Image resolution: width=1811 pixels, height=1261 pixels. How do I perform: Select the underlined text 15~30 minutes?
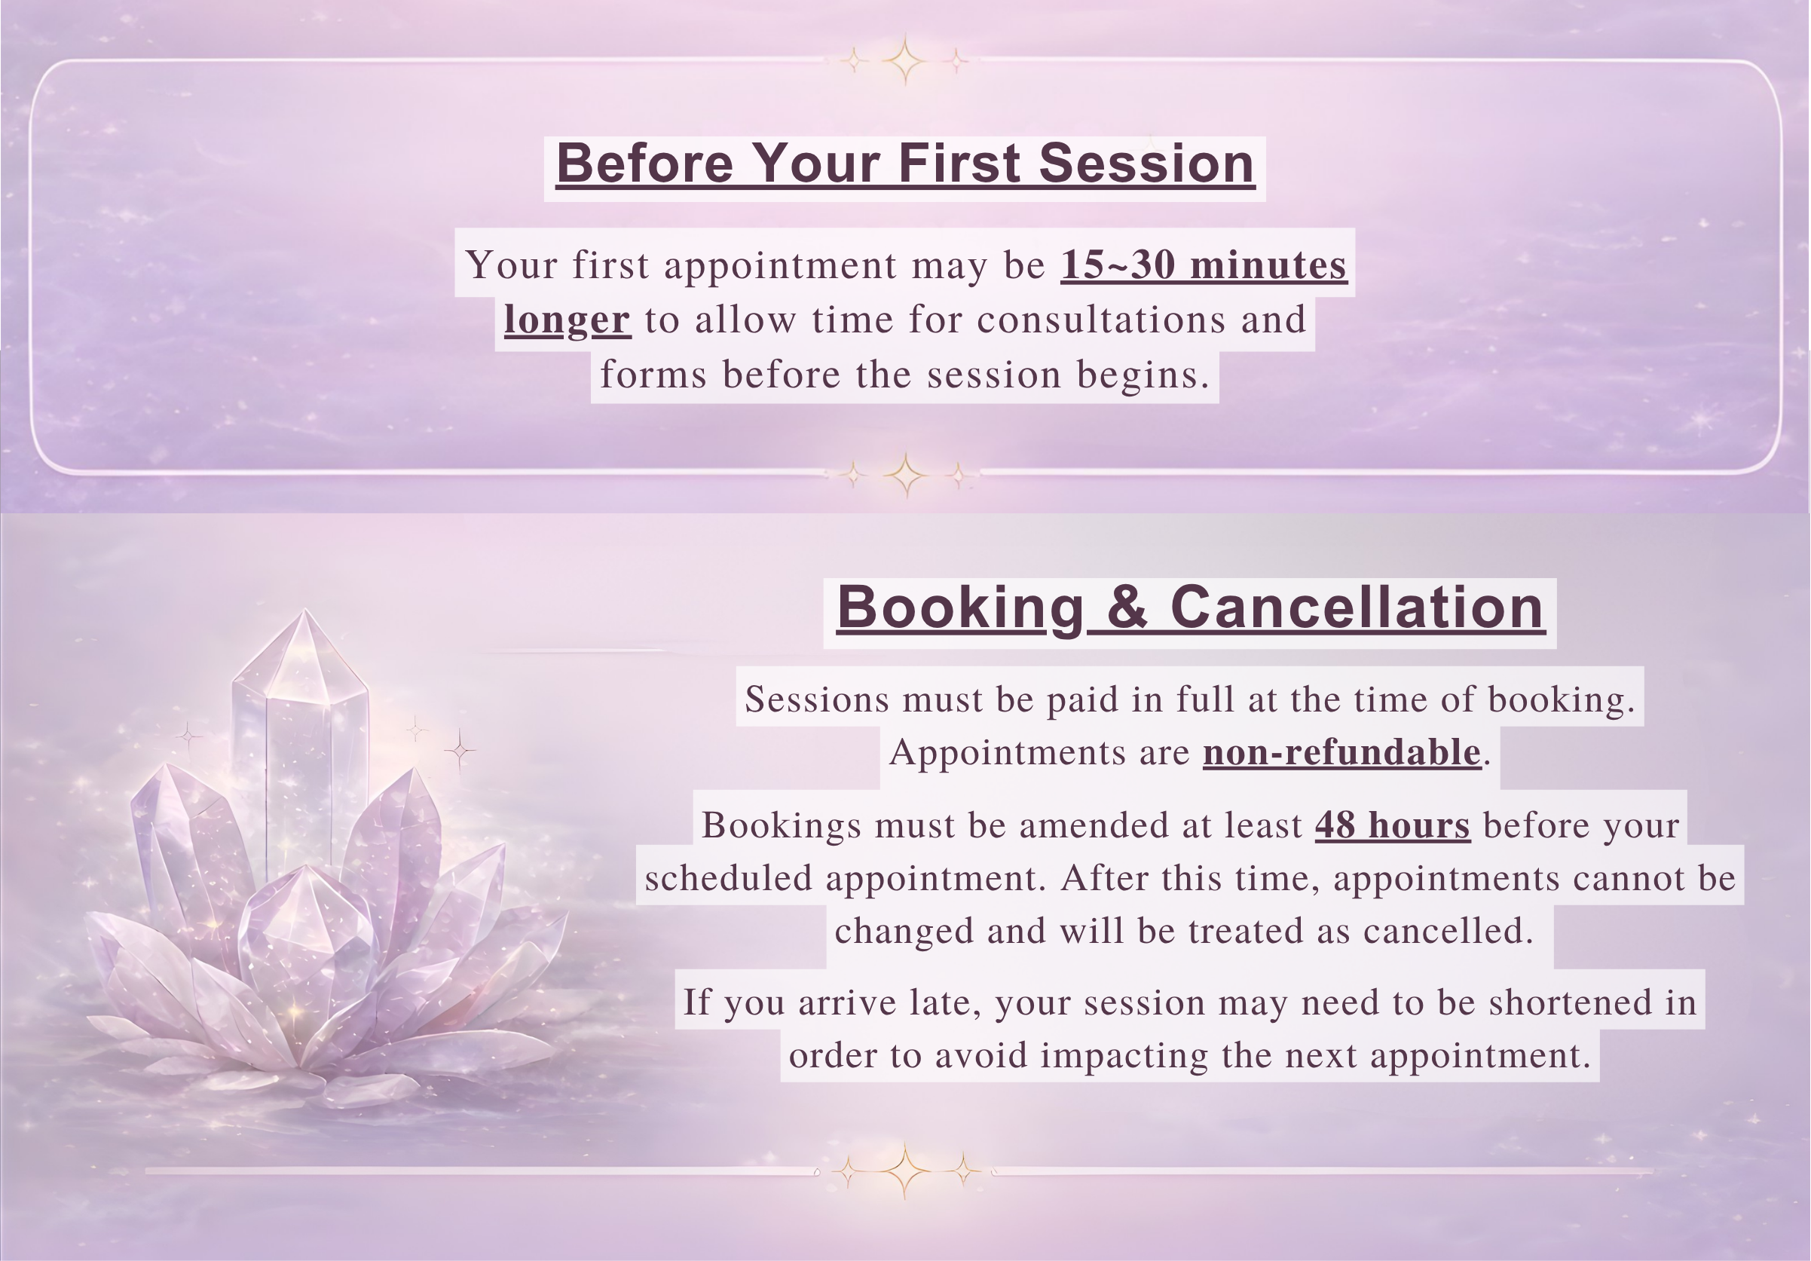point(1204,265)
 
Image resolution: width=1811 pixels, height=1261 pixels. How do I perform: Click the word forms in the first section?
point(653,374)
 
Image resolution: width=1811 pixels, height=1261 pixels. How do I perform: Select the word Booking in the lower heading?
point(961,608)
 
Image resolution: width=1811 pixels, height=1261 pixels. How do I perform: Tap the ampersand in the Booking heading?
point(1128,608)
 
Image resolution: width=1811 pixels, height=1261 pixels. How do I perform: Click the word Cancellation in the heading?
point(1357,608)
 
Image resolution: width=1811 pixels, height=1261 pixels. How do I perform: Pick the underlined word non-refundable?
point(1341,752)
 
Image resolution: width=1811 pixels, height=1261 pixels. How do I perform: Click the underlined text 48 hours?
point(1392,825)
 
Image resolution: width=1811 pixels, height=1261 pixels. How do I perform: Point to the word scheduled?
point(728,879)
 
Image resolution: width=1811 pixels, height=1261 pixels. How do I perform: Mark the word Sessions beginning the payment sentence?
point(817,699)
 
